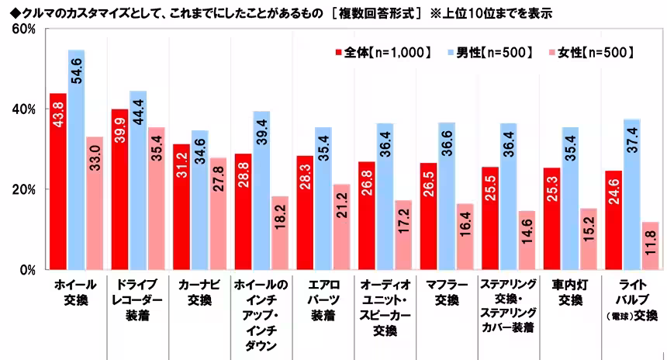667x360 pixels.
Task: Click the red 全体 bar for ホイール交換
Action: click(57, 182)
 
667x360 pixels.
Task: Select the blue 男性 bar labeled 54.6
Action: click(76, 160)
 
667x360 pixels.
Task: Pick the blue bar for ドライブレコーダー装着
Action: click(138, 180)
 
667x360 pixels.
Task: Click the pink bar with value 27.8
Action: click(218, 213)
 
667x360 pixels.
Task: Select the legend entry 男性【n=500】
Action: click(488, 52)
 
